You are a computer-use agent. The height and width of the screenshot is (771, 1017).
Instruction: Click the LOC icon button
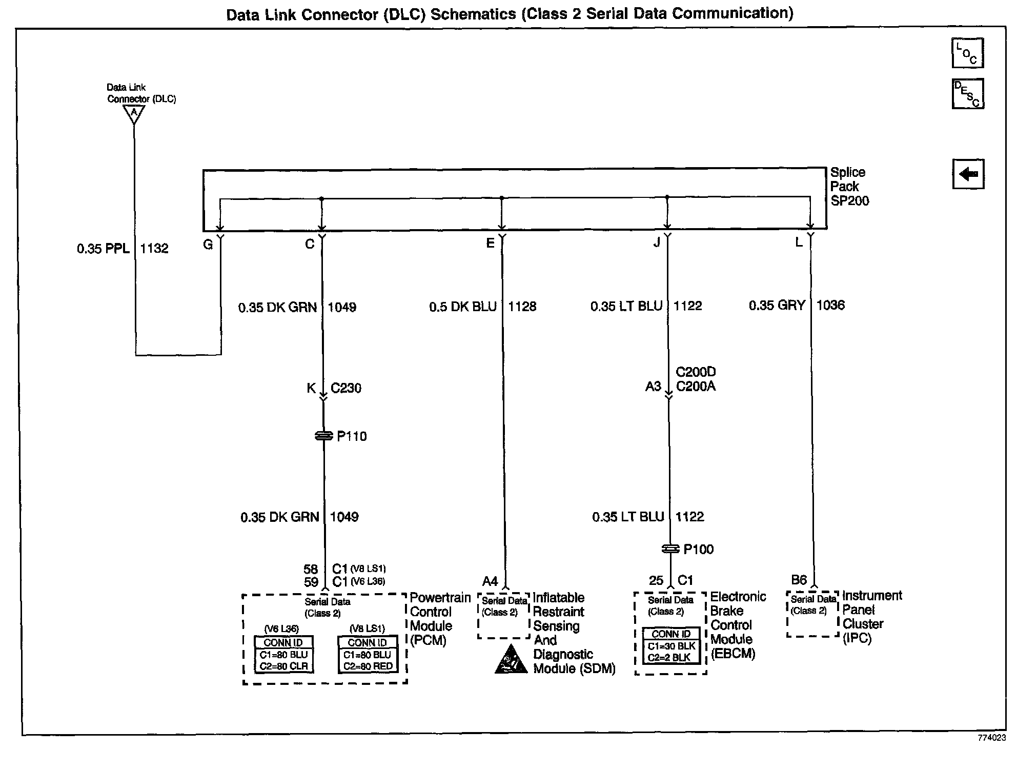pos(967,53)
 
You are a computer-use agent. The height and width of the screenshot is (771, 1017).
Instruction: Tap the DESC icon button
pos(967,94)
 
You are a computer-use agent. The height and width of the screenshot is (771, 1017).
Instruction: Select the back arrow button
pos(968,174)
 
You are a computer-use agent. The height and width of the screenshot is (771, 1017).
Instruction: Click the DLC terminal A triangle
pos(134,113)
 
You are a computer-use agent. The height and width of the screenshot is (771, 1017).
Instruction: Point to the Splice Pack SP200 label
pos(849,187)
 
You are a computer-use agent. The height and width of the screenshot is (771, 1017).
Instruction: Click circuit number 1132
pos(154,249)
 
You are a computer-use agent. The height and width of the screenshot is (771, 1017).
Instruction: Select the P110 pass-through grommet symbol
pos(323,436)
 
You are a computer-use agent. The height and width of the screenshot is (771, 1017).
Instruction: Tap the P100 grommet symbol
pos(669,549)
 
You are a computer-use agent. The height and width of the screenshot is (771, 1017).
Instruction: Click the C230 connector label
pos(346,388)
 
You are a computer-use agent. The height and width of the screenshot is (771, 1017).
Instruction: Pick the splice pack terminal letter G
pos(208,245)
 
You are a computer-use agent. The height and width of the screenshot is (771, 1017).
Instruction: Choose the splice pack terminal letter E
pos(491,243)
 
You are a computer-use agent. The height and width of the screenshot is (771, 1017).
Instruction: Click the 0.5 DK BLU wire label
pos(462,307)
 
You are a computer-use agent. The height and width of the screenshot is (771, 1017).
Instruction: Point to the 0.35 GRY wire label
pos(777,306)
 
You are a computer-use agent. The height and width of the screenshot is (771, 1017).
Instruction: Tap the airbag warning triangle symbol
pos(511,660)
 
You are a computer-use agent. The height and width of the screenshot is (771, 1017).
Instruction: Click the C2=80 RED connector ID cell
pos(368,666)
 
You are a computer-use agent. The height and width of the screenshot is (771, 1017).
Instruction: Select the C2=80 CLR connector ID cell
pos(283,666)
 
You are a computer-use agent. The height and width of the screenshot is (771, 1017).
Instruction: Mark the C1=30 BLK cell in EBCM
pos(671,646)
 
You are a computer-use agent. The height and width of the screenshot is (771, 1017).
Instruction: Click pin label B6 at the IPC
pos(799,580)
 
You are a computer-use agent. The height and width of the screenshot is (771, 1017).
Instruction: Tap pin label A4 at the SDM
pos(490,581)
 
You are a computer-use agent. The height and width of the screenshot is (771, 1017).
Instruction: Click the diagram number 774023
pos(991,738)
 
